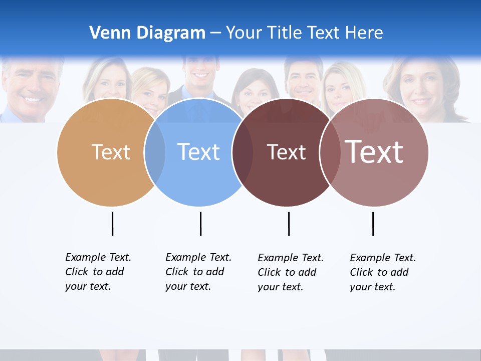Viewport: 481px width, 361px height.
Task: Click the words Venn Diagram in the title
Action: pyautogui.click(x=147, y=33)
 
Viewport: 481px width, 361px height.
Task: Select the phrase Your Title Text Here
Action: pyautogui.click(x=304, y=33)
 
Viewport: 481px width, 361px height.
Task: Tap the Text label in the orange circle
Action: pyautogui.click(x=111, y=152)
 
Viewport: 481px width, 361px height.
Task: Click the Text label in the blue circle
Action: pyautogui.click(x=198, y=152)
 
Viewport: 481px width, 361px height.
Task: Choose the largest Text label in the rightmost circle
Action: pyautogui.click(x=374, y=151)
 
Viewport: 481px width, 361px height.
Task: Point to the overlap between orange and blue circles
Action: pyautogui.click(x=155, y=152)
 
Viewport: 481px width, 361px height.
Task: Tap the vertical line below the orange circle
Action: pyautogui.click(x=112, y=224)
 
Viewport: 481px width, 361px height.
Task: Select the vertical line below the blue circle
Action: pyautogui.click(x=200, y=224)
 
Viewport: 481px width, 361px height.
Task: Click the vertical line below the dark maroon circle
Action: pyautogui.click(x=289, y=224)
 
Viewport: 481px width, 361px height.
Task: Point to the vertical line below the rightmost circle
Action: pyautogui.click(x=373, y=224)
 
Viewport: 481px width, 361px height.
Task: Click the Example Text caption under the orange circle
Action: pyautogui.click(x=98, y=272)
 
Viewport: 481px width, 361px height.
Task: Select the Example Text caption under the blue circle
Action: pyautogui.click(x=198, y=272)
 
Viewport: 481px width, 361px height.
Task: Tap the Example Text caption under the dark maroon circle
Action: pyautogui.click(x=290, y=272)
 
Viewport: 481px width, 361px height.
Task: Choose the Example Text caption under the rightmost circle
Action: pyautogui.click(x=382, y=272)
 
